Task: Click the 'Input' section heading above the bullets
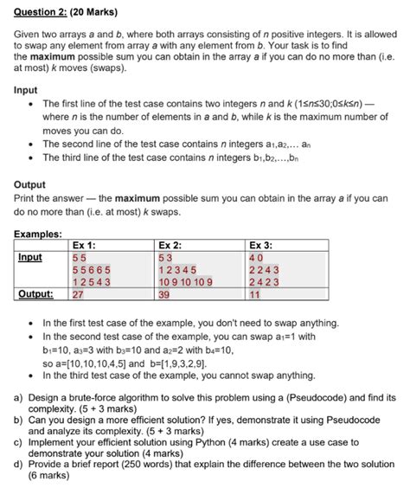[28, 89]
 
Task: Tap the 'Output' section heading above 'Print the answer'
[32, 184]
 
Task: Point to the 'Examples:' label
[39, 234]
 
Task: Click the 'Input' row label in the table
[33, 257]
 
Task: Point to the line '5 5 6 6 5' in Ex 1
[91, 269]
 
